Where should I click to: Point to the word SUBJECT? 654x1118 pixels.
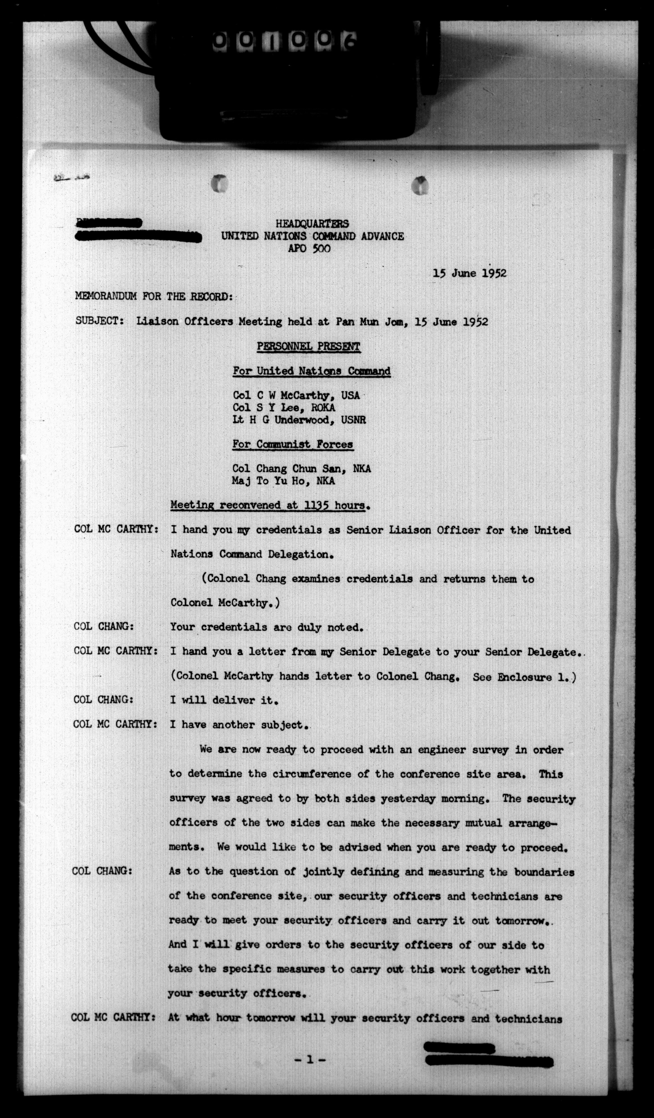tap(100, 321)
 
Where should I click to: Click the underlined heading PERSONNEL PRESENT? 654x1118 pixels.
tap(309, 346)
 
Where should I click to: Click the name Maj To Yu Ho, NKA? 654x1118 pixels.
tap(283, 481)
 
